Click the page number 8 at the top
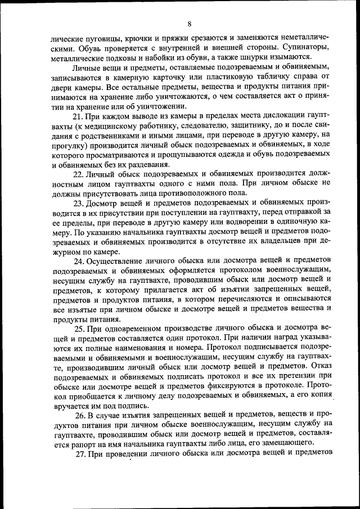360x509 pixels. tap(190, 23)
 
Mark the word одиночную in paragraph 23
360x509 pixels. tap(287, 226)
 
